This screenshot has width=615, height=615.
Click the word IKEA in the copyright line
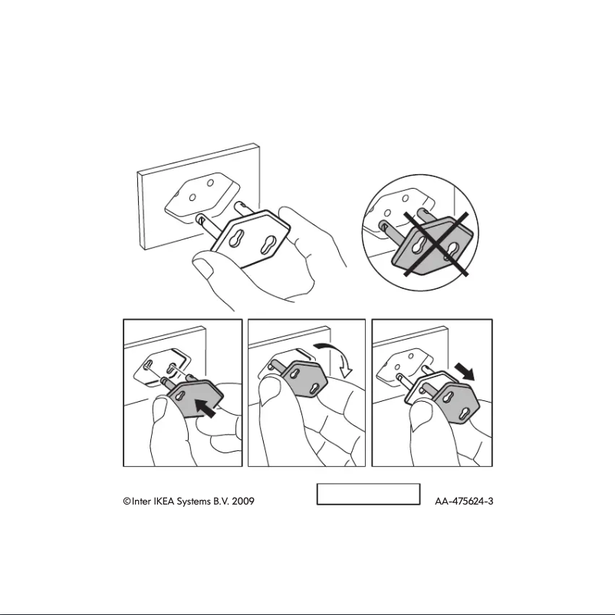pyautogui.click(x=161, y=502)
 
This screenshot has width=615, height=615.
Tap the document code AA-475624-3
pyautogui.click(x=463, y=502)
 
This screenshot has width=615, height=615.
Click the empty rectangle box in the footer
pyautogui.click(x=369, y=495)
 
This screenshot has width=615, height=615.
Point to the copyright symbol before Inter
pyautogui.click(x=127, y=502)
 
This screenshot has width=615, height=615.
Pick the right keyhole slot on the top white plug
pyautogui.click(x=268, y=247)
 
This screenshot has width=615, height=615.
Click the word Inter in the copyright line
pyautogui.click(x=142, y=502)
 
